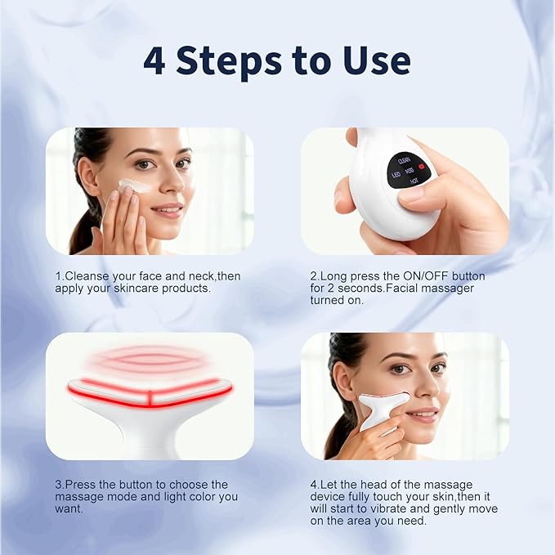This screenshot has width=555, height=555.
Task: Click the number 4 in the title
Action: [154, 61]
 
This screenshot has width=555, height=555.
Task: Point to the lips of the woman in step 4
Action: [423, 416]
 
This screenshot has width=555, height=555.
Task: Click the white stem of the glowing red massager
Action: [150, 437]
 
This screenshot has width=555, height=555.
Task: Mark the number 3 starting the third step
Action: [59, 485]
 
